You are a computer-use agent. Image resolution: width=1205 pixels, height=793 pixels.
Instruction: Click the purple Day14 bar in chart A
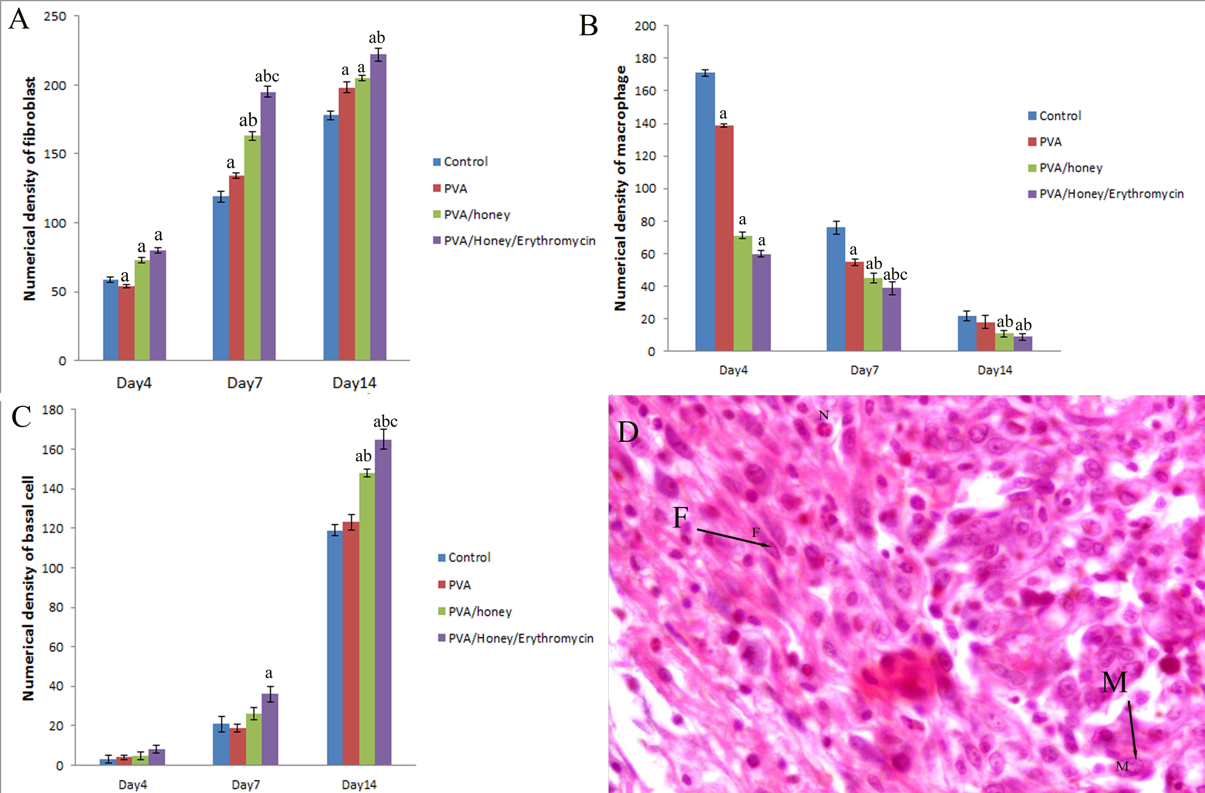point(378,208)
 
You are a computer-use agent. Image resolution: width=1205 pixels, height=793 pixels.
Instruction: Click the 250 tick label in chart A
point(55,17)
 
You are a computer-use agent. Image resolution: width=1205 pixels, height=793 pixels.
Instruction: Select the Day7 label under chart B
point(864,370)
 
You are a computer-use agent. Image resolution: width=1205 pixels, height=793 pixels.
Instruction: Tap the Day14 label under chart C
point(359,784)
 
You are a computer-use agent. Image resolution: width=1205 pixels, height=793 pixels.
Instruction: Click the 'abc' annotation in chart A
point(267,76)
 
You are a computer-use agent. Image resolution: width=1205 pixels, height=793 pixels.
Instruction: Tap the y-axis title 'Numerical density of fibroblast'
point(29,188)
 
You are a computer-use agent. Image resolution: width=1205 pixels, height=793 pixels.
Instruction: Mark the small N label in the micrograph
point(824,416)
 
